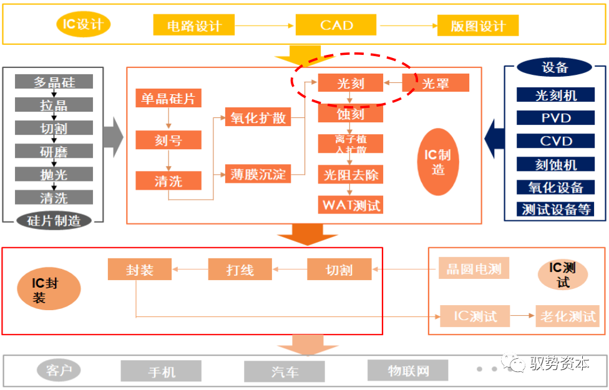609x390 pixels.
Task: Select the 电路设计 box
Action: point(194,26)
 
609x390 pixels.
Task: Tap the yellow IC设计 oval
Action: point(83,25)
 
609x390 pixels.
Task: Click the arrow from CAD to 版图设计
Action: point(409,26)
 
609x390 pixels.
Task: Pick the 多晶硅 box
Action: point(54,82)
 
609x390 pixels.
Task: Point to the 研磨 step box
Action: point(54,151)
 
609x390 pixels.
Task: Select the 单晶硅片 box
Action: point(168,99)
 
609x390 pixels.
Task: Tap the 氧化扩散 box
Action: point(258,117)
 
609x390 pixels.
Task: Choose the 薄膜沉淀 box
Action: point(258,174)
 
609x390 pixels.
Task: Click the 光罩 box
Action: point(436,83)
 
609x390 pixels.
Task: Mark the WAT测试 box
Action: point(351,205)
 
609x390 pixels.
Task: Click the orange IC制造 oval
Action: point(438,161)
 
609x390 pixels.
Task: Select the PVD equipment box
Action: point(555,118)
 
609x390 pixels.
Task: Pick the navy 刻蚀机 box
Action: point(555,164)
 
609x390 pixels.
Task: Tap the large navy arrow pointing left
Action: point(495,135)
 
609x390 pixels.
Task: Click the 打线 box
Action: point(240,270)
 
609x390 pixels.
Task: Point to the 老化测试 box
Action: point(567,316)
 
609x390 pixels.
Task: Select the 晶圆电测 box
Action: point(474,269)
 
